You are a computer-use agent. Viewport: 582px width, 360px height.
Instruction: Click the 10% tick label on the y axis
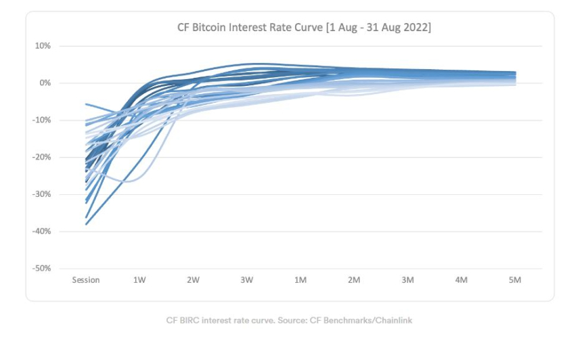[43, 46]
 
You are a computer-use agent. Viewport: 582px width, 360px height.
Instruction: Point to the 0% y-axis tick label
[45, 83]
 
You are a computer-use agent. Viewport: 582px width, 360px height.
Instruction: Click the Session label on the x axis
[86, 280]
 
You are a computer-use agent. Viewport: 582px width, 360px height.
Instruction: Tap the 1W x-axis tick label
[139, 280]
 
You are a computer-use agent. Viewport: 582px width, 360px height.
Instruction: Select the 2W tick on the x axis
[193, 280]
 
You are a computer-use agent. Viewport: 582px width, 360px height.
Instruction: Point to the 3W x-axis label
[246, 280]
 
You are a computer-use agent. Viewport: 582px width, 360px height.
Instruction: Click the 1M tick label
[300, 280]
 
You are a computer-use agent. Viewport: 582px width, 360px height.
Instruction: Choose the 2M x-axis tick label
[354, 280]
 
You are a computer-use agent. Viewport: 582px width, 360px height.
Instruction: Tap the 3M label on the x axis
[407, 280]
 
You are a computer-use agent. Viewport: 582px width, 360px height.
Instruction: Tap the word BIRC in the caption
[192, 320]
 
